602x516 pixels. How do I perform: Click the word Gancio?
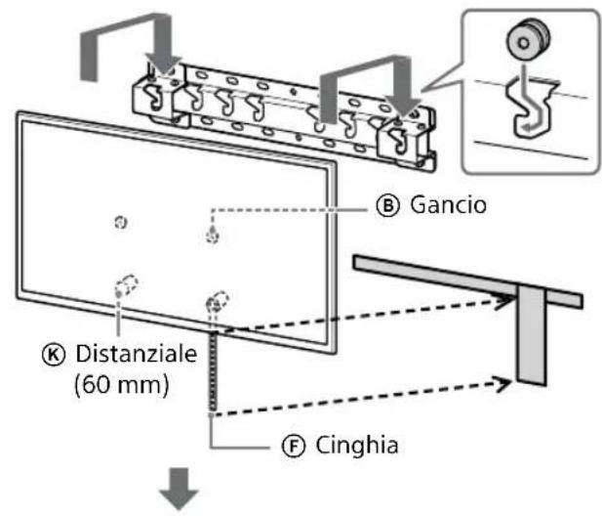point(448,204)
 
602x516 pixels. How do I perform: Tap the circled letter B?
point(387,205)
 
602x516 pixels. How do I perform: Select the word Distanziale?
point(137,354)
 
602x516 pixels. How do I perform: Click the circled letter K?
point(54,355)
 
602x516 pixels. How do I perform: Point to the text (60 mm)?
point(121,384)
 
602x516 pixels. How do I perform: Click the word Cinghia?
point(357,446)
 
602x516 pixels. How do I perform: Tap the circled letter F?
point(294,446)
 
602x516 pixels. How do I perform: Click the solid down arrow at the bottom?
point(180,489)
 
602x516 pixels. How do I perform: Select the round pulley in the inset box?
point(528,39)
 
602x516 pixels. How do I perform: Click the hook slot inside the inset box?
point(532,107)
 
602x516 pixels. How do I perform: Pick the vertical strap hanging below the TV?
point(213,373)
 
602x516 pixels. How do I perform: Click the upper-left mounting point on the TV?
point(121,222)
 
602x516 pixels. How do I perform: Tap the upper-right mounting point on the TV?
point(213,235)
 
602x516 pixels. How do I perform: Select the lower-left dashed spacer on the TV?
point(126,285)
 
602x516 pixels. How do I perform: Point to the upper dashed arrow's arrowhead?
point(503,301)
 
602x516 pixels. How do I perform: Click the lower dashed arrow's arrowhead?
point(502,384)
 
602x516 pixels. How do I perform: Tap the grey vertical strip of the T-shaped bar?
point(531,335)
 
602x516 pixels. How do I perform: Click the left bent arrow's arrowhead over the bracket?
point(164,64)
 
